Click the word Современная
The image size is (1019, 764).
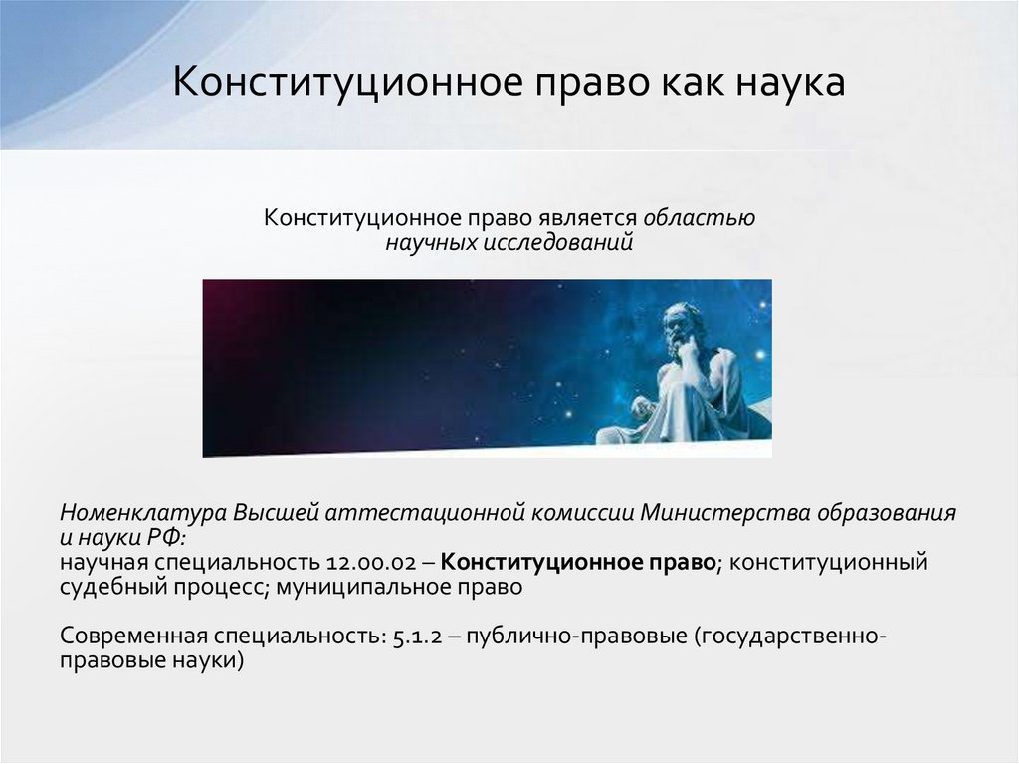(134, 637)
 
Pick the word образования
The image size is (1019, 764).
(887, 513)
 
